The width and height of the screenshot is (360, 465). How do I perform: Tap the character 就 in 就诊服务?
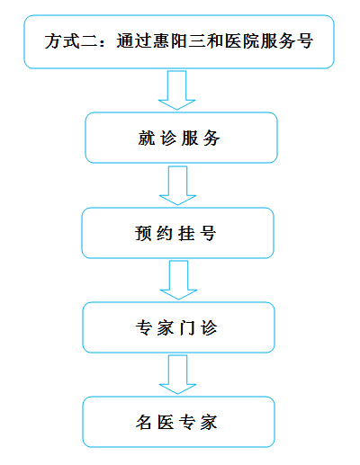[147, 139]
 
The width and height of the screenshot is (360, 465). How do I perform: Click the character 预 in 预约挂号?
[143, 233]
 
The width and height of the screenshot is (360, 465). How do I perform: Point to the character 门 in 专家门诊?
[187, 327]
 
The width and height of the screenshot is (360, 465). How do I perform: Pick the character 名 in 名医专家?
[144, 422]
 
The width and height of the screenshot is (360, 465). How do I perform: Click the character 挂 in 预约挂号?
[186, 233]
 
